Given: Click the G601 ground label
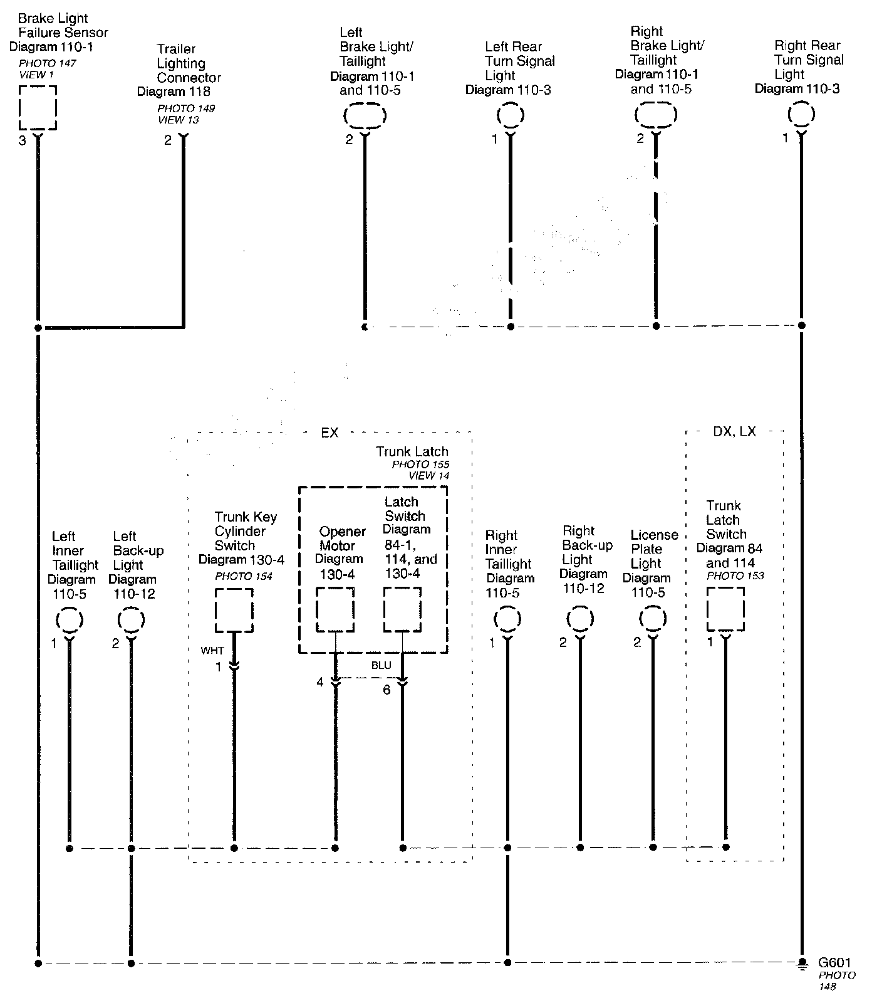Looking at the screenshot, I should pos(834,963).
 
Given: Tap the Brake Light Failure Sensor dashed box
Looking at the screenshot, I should pos(38,107).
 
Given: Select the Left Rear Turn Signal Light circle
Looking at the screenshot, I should pos(511,115).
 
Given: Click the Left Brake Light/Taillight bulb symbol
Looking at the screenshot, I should pos(365,116).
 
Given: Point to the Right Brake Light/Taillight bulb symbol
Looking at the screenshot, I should pos(656,115).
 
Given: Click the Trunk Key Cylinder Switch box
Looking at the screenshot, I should pos(234,610).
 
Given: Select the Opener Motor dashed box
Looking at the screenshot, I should pos(335,609).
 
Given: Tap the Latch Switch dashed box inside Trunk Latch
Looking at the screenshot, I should pos(402,609).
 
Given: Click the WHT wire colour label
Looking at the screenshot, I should pos(212,651).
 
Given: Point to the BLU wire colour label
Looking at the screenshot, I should pos(381,665).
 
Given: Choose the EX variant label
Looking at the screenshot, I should pos(330,433).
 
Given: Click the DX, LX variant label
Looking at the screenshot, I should pos(734,432).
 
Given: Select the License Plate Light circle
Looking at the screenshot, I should pos(653,619).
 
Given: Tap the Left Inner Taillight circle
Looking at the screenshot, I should pos(70,621).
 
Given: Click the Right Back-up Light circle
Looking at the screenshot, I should pos(580,619).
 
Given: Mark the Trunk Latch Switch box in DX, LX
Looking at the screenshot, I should pos(725,609).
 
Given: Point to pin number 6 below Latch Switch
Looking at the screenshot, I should pos(387,690).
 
